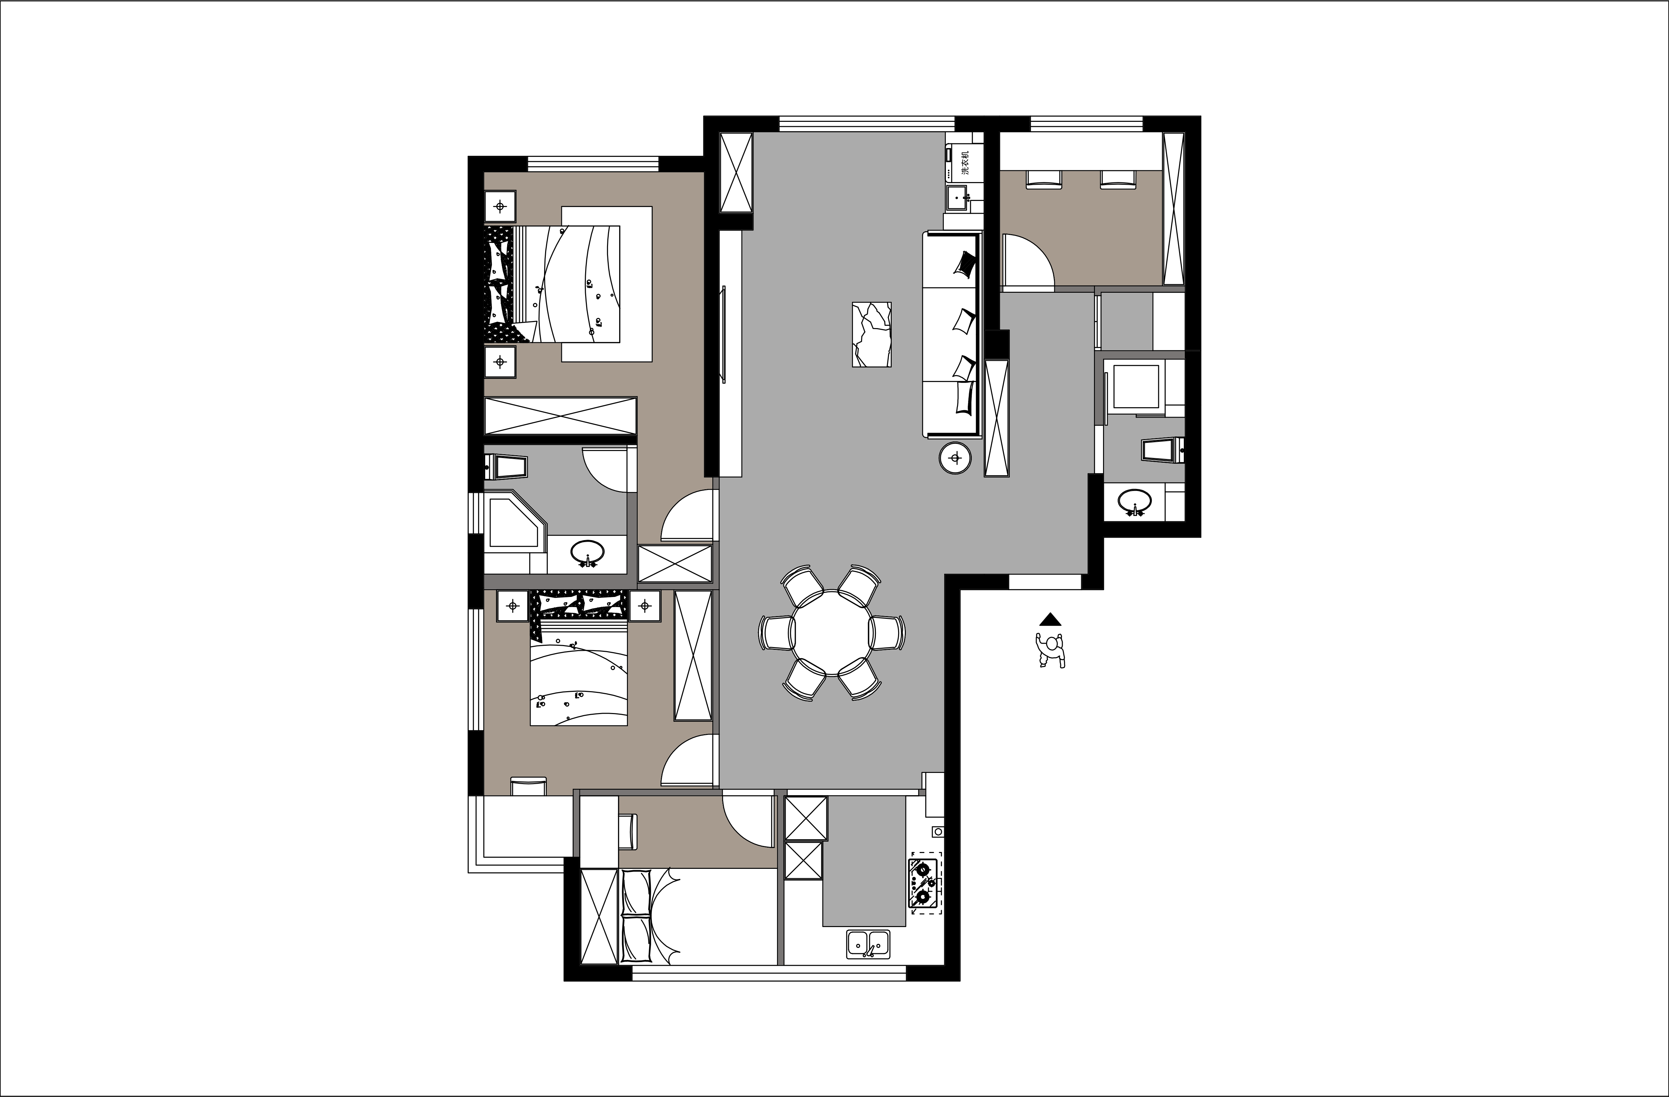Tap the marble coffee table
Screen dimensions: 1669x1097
click(x=872, y=334)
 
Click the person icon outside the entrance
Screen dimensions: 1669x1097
click(x=1051, y=649)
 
